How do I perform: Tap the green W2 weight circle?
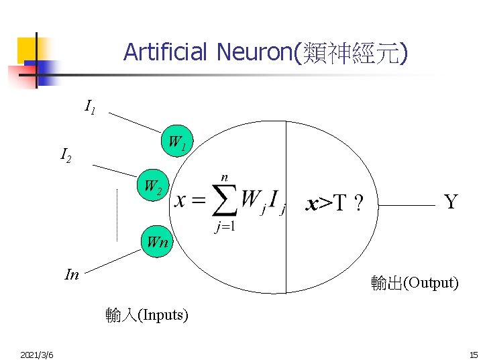click(x=154, y=186)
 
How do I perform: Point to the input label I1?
click(x=90, y=107)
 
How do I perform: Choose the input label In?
click(x=71, y=274)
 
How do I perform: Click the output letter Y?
click(x=451, y=201)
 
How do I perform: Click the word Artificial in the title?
click(x=166, y=52)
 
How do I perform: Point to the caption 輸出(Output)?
click(x=415, y=283)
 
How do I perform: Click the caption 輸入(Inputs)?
click(x=147, y=314)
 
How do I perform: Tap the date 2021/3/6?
click(x=38, y=354)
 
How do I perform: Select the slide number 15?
click(x=473, y=354)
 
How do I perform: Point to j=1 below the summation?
click(x=225, y=227)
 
